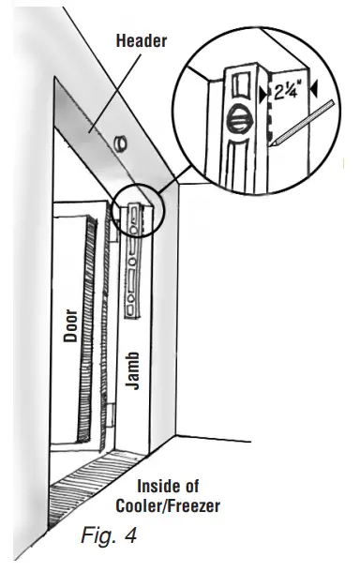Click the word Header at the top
point(141,40)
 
